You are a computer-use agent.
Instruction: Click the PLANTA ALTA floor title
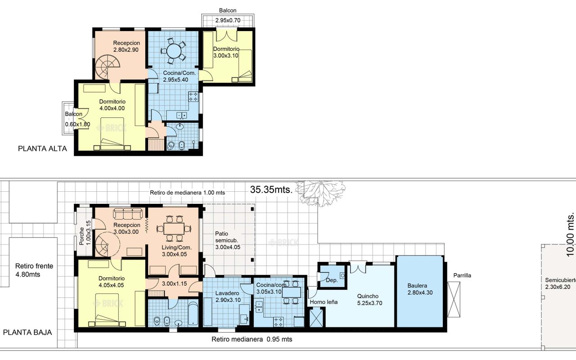[x=42, y=148]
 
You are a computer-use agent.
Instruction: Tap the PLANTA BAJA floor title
[x=27, y=333]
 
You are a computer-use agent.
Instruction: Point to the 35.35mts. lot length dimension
[x=271, y=190]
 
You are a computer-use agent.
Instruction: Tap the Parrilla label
[x=462, y=275]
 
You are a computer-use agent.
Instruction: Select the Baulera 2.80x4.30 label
[x=420, y=289]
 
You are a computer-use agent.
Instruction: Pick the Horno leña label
[x=324, y=302]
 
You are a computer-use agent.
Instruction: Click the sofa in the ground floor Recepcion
[x=128, y=213]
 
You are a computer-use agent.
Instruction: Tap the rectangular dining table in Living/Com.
[x=174, y=229]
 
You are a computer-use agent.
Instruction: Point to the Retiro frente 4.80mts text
[x=34, y=270]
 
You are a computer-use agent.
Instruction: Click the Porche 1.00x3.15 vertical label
[x=85, y=233]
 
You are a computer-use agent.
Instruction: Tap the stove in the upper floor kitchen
[x=193, y=97]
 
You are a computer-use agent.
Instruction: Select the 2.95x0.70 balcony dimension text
[x=228, y=20]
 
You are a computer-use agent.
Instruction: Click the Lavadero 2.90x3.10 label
[x=228, y=297]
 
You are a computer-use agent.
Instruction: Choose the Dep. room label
[x=332, y=280]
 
